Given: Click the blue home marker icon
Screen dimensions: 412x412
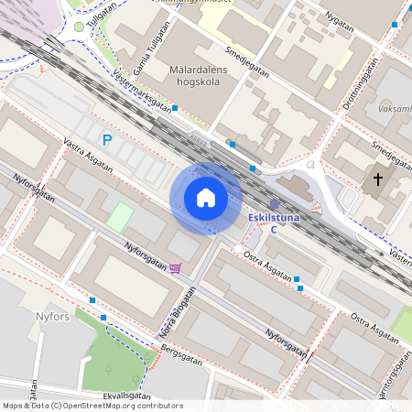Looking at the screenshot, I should pos(206,198).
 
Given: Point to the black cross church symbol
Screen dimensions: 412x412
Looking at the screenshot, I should pos(378,179).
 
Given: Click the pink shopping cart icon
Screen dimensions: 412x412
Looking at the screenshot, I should pos(175,267).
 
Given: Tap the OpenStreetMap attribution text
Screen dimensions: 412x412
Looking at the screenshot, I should pos(92,406).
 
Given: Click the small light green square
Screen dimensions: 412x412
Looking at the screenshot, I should pos(120,217).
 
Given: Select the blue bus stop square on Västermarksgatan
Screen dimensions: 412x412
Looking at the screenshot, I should pos(174,108).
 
